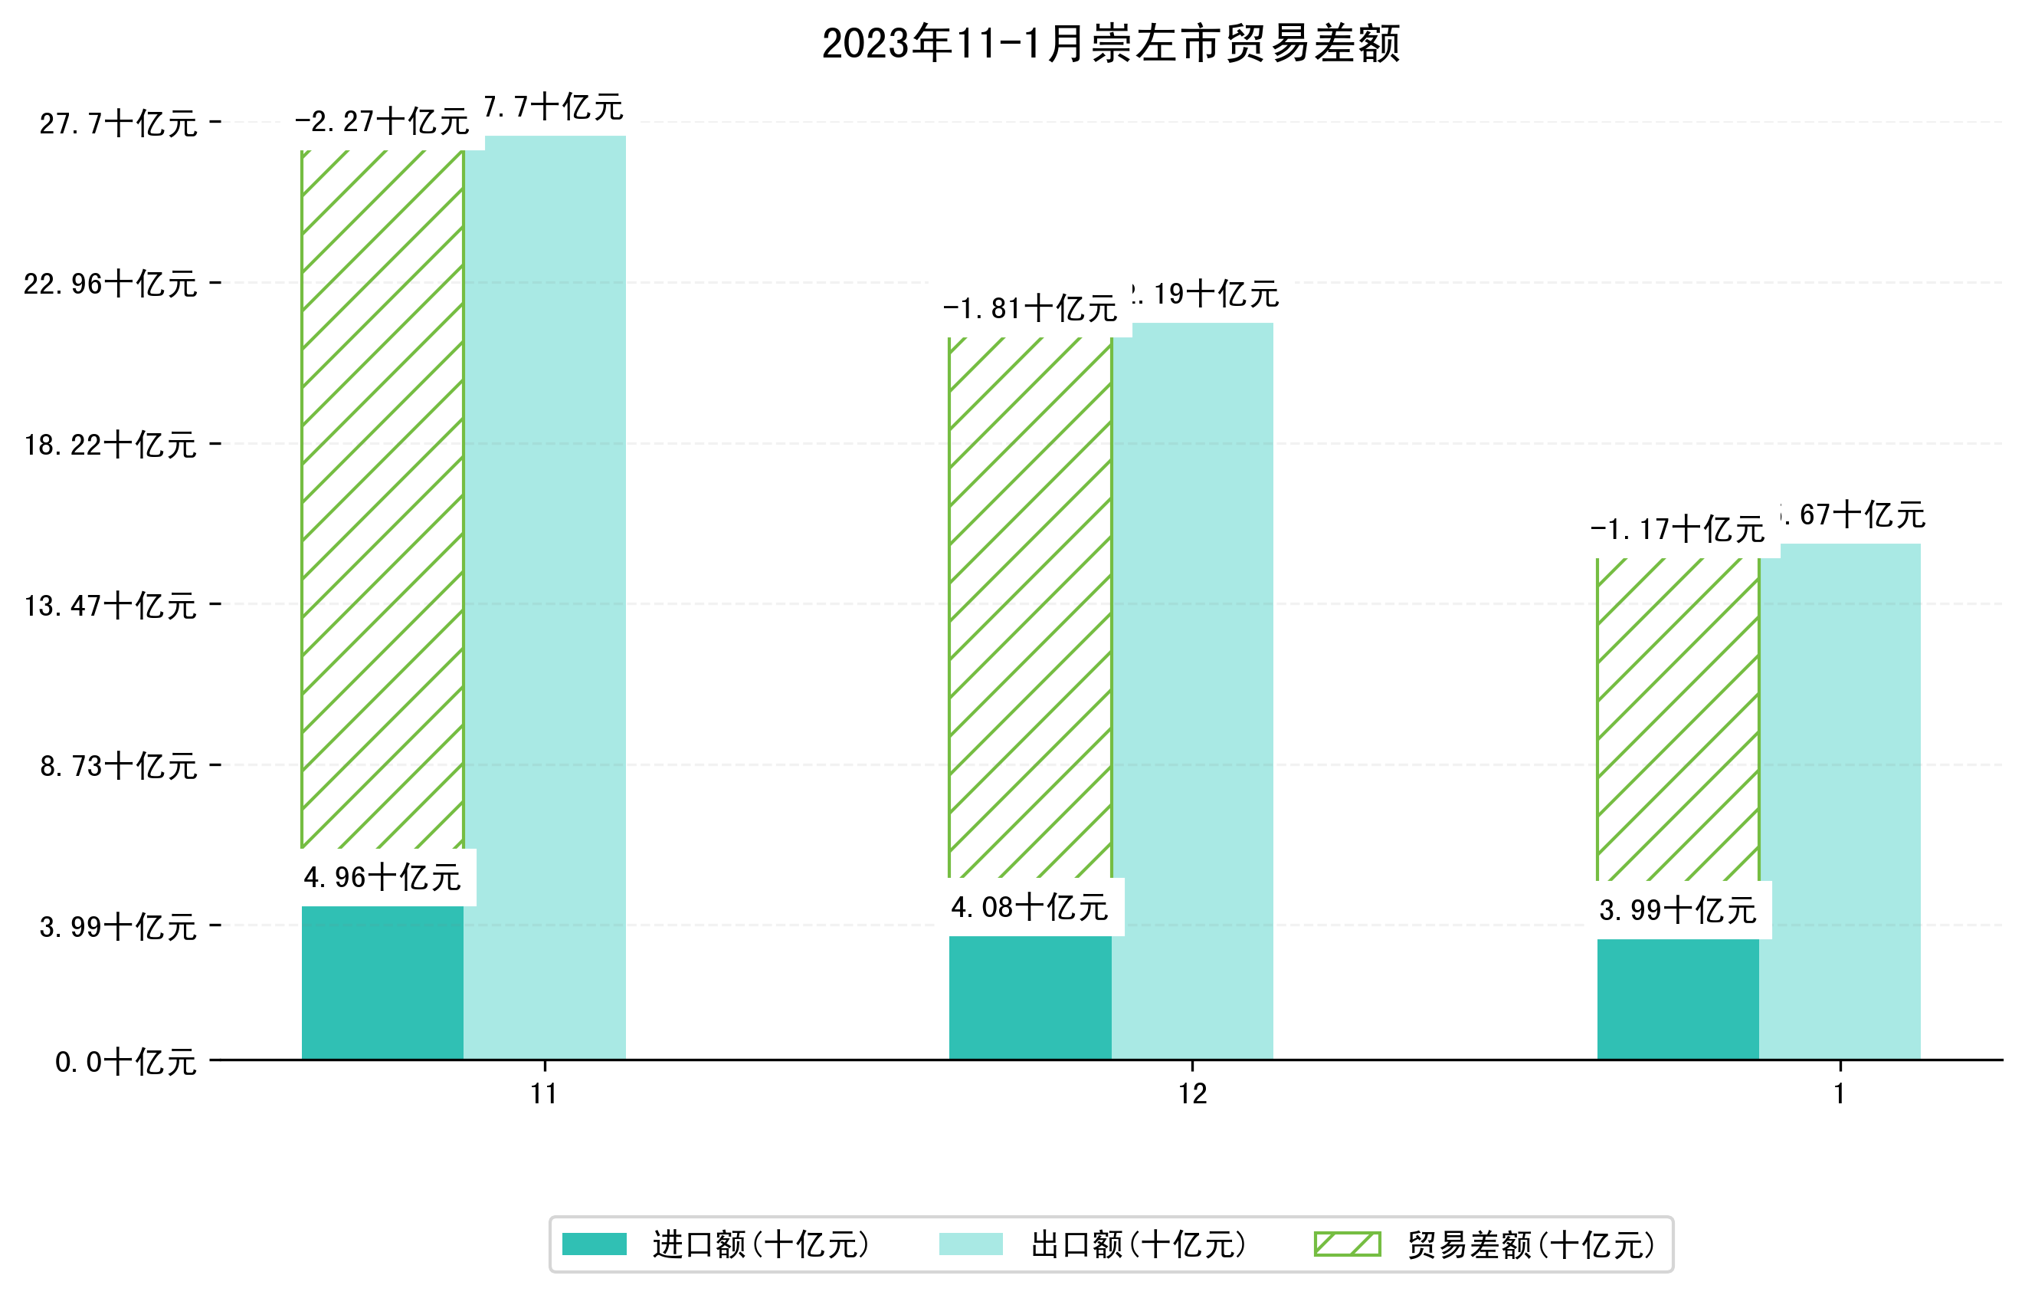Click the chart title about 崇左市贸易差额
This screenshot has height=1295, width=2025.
1110,44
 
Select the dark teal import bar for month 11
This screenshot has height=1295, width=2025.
382,982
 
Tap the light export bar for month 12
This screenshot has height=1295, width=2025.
1191,690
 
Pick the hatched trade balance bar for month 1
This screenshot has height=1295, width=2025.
1677,719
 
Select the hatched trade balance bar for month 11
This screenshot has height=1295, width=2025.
382,499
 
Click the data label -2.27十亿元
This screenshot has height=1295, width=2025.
382,122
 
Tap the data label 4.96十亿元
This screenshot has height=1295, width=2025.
382,878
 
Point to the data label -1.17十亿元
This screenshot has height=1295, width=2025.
1677,529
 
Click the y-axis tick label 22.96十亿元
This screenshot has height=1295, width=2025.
110,284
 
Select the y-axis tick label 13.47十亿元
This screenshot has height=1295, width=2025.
110,605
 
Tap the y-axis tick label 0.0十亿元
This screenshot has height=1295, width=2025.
126,1061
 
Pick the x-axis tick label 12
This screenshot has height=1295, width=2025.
1191,1093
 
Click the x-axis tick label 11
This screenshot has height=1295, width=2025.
544,1093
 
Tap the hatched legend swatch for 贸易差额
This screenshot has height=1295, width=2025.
1346,1244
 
